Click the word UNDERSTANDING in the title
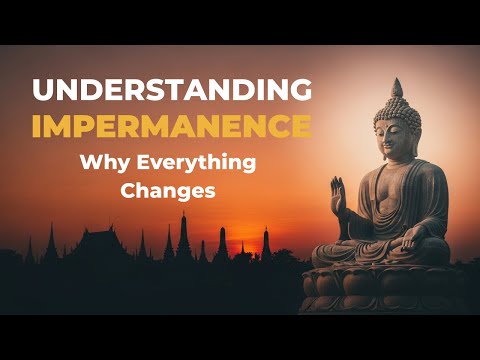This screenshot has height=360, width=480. pos(170,90)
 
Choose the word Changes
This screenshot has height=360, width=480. pos(168,191)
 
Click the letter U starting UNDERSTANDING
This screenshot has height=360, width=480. pos(44,90)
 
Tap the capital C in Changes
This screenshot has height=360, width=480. pos(127,191)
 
